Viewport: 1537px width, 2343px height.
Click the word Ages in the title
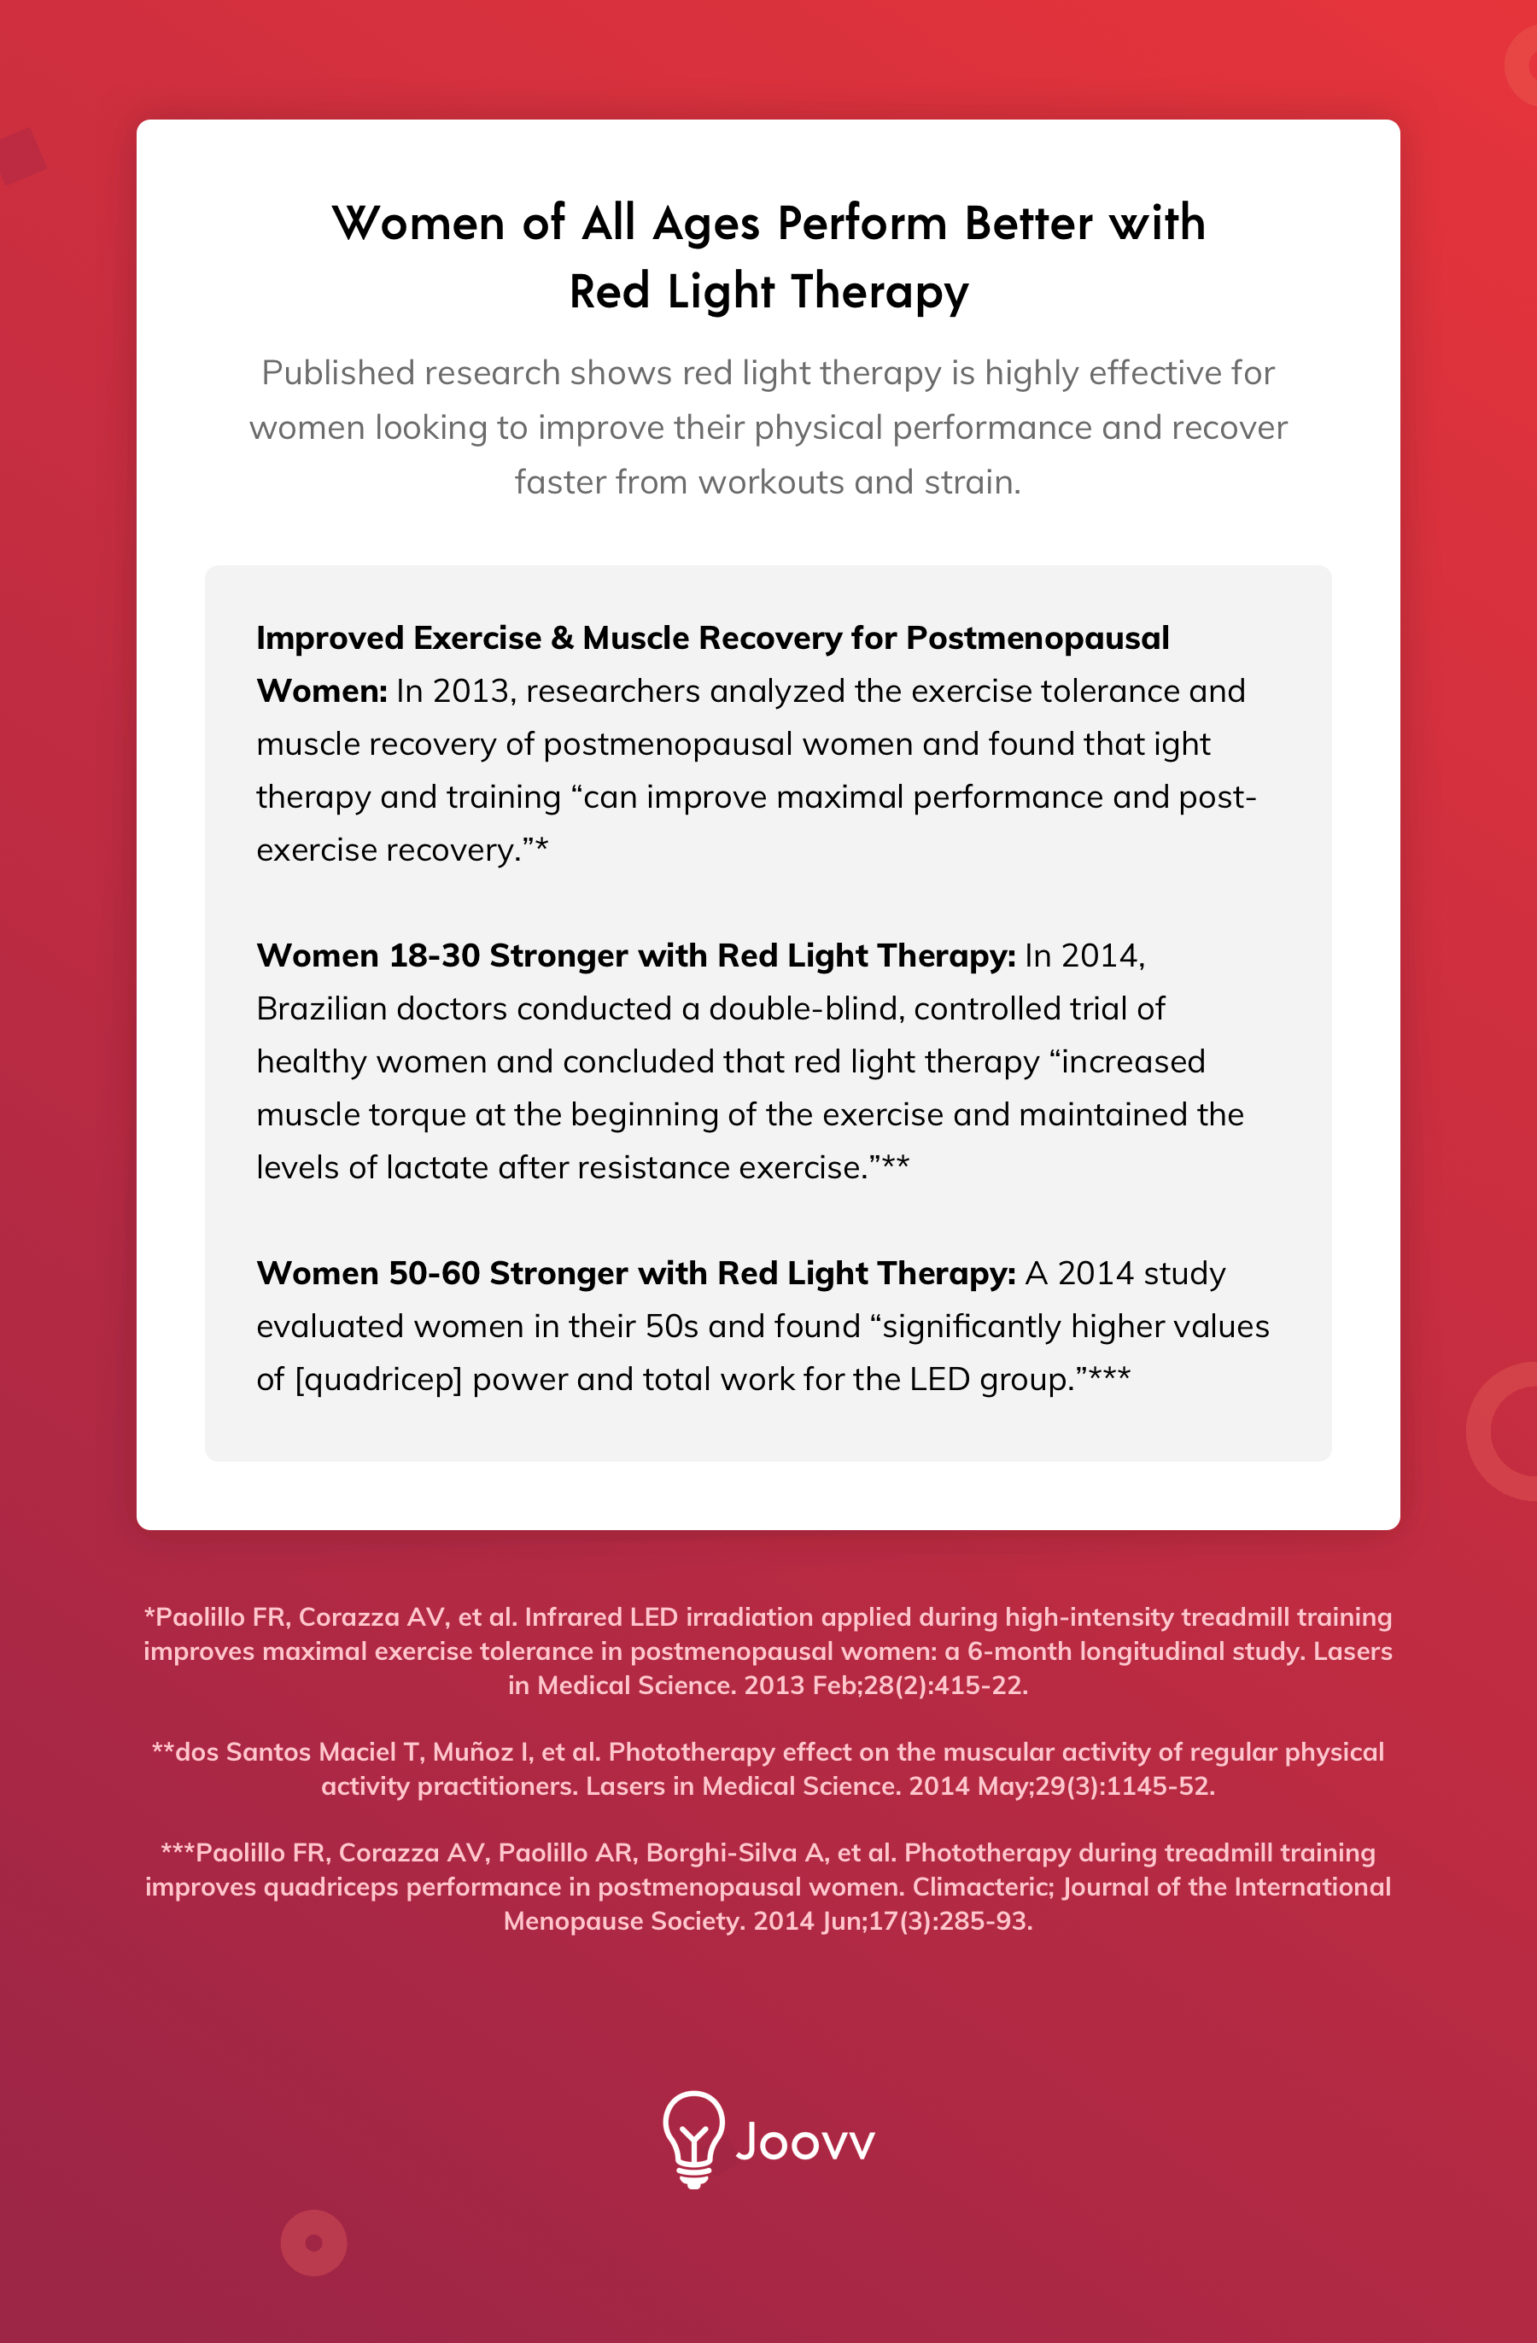tap(706, 225)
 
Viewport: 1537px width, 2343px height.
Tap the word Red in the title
tap(609, 292)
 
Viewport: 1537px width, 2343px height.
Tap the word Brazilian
tap(326, 1009)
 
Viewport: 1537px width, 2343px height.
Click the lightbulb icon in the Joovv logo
tap(693, 2139)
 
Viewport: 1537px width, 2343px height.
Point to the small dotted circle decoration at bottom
tap(314, 2242)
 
